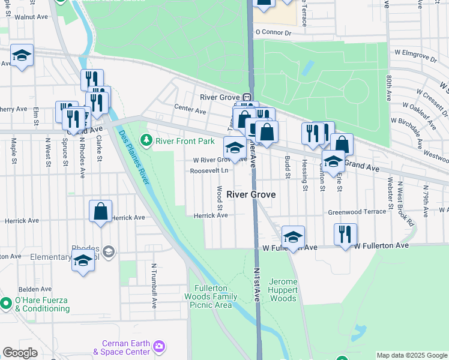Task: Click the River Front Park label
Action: [184, 142]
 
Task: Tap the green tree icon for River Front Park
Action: [146, 141]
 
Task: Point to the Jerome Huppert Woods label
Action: [283, 290]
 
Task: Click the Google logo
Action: [20, 353]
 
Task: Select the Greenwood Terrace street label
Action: [357, 212]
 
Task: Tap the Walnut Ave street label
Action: [31, 17]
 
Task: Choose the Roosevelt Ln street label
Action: [209, 170]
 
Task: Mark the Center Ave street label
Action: [190, 110]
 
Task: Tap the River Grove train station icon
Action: [247, 98]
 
